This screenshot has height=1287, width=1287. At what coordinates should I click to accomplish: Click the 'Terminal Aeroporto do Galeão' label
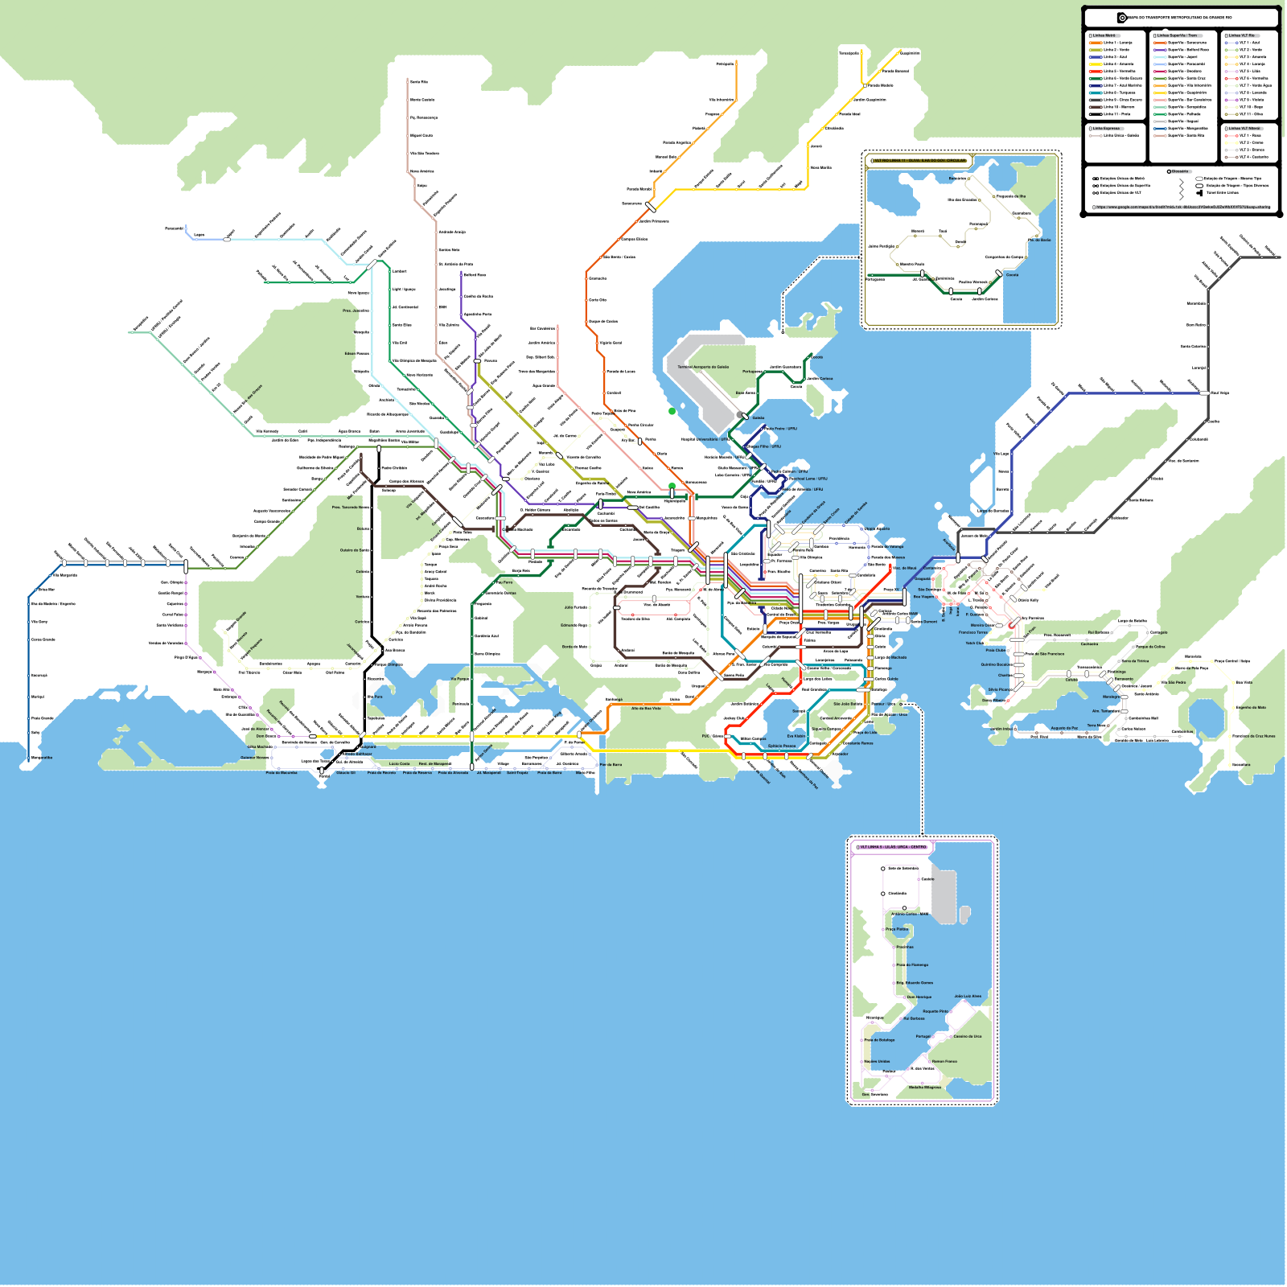703,367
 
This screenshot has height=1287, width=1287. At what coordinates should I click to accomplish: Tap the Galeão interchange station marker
744,416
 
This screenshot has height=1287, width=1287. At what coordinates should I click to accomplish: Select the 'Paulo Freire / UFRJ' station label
780,429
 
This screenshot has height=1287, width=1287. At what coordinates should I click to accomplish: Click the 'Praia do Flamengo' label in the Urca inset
912,964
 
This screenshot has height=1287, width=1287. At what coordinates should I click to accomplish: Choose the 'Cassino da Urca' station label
968,1036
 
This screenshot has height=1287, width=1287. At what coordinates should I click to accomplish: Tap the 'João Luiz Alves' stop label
968,996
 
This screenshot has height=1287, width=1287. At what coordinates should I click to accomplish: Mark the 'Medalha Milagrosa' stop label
924,1087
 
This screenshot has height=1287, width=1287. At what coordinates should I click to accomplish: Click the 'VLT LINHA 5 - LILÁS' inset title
894,847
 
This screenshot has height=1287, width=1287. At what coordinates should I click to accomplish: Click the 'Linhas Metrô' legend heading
1104,35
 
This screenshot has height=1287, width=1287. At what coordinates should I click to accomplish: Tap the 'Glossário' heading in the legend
1180,171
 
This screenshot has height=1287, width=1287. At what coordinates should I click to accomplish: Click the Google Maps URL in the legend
1183,207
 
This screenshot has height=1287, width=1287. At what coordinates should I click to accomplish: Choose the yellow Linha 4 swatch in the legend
1096,64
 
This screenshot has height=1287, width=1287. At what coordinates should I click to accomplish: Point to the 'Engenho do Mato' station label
1251,708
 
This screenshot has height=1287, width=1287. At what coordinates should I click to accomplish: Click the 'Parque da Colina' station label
1150,646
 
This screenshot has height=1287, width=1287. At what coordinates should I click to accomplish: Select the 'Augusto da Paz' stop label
1064,728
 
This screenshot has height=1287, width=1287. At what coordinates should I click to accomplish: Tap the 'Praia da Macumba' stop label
282,772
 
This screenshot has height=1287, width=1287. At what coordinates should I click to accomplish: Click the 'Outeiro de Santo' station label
355,550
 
